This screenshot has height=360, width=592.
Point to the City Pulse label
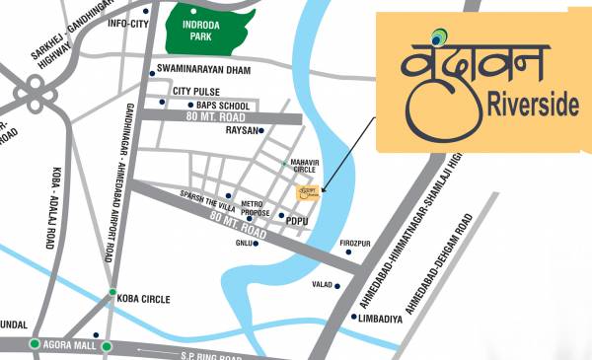click(195, 91)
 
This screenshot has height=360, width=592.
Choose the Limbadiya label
click(382, 317)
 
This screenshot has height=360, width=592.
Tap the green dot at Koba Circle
click(112, 291)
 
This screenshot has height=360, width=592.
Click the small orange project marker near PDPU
click(309, 190)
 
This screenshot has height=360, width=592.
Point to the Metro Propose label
click(255, 208)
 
